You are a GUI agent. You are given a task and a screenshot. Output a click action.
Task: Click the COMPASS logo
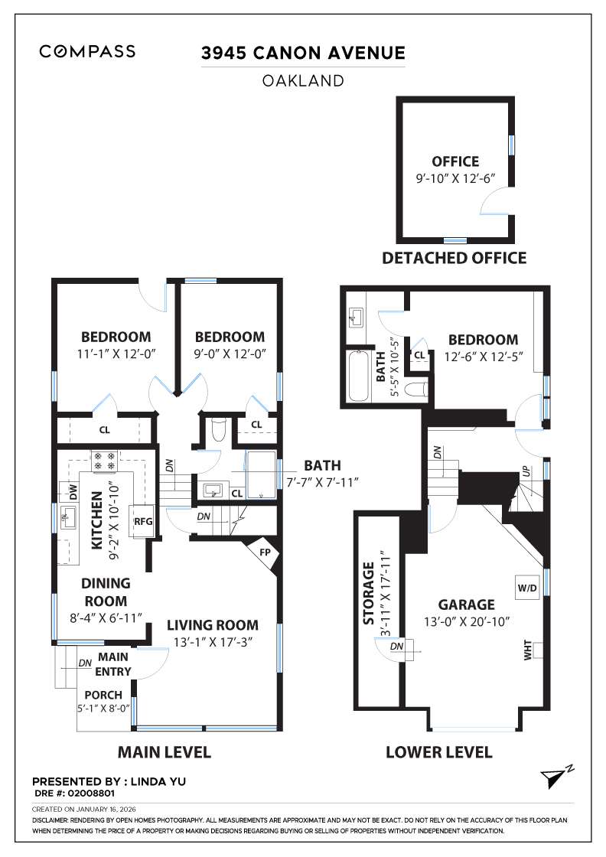coord(87,52)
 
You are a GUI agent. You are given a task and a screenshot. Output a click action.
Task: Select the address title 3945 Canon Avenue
coord(302,53)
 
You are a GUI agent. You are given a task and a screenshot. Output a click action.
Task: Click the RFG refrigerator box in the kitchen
coord(144,522)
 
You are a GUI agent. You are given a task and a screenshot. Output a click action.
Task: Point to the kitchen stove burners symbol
coord(104,461)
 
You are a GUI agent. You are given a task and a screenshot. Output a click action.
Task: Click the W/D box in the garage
coord(526,588)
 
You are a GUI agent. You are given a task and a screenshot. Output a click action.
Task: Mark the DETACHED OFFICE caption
coord(454,258)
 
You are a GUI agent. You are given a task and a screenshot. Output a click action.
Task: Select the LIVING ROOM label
coord(213,625)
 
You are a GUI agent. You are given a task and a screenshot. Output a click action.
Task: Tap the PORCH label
coord(103,695)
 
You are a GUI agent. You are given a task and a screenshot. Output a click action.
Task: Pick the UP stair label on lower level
coord(527,472)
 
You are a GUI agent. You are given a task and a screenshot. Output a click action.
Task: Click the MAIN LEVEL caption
coord(164,752)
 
